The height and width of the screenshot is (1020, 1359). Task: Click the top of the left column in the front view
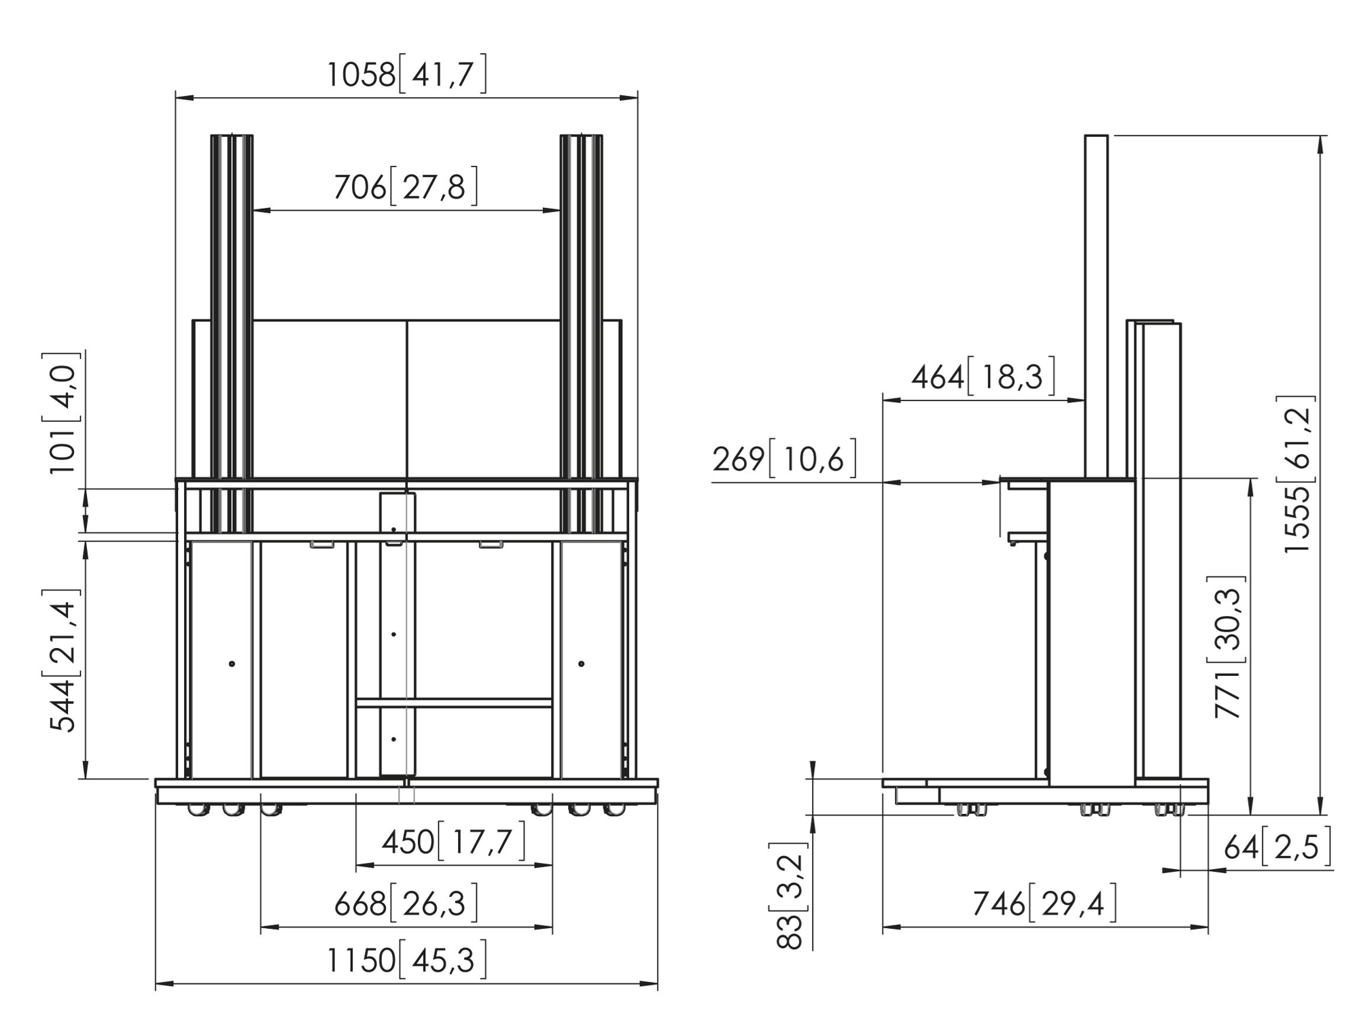pyautogui.click(x=232, y=136)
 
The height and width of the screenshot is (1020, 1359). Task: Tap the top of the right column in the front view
pyautogui.click(x=581, y=136)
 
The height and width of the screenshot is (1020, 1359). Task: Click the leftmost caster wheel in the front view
pyautogui.click(x=196, y=809)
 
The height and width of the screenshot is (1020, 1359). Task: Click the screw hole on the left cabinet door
pyautogui.click(x=232, y=663)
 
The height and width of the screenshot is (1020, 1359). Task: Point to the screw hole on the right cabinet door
pyautogui.click(x=581, y=663)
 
